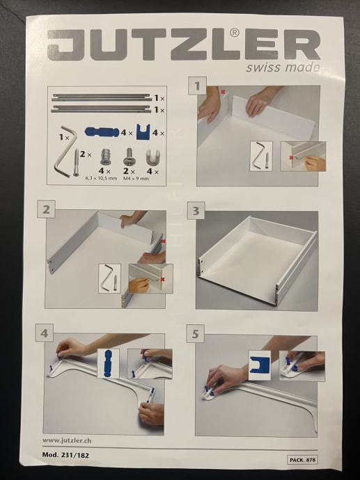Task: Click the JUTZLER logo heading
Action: [x=184, y=45]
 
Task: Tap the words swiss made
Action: [x=283, y=67]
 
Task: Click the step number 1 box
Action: [x=197, y=86]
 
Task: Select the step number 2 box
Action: [x=46, y=209]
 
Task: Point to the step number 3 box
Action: [x=196, y=211]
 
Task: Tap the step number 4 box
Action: [x=45, y=333]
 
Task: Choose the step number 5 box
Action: [x=195, y=334]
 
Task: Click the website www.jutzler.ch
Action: [x=67, y=440]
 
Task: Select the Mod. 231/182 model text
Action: [x=65, y=455]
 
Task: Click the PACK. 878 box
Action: [x=302, y=460]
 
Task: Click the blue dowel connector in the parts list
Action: [x=102, y=132]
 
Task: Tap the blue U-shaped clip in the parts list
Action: [x=143, y=131]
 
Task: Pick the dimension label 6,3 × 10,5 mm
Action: [x=101, y=178]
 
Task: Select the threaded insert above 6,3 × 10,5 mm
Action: [x=105, y=157]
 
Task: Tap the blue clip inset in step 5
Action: [x=260, y=365]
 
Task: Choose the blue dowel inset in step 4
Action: [x=108, y=363]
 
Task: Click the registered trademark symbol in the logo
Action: [x=235, y=33]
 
